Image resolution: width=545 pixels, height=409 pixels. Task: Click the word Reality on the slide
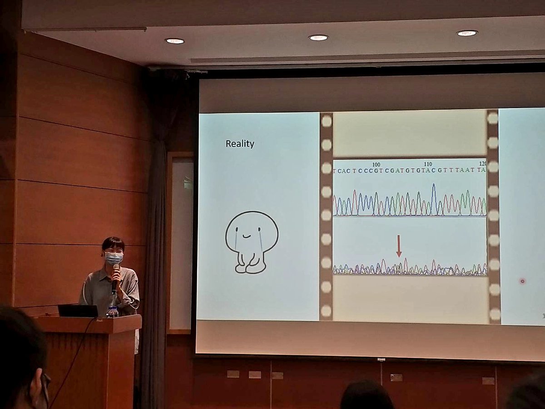[x=240, y=144]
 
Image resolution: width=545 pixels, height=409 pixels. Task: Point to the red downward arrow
[x=399, y=246]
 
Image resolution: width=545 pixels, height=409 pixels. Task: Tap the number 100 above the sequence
[x=376, y=164]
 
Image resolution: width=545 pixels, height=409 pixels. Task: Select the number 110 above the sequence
[x=427, y=164]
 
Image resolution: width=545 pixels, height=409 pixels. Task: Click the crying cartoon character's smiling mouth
[x=246, y=236]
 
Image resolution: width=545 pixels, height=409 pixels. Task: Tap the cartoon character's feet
[x=250, y=268]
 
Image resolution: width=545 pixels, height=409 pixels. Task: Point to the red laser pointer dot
[x=522, y=281]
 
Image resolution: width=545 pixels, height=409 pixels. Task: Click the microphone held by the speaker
[x=115, y=275]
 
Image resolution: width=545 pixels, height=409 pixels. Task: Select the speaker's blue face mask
[x=114, y=258]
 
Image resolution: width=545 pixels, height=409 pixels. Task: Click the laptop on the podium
[x=78, y=311]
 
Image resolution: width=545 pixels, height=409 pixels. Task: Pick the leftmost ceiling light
[x=175, y=41]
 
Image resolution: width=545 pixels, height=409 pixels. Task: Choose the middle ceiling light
[x=318, y=38]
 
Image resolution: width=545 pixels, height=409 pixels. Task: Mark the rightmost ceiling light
[x=466, y=33]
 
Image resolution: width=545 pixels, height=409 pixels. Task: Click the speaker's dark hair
[x=113, y=243]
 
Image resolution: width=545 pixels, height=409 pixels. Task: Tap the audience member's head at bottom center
[x=367, y=396]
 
